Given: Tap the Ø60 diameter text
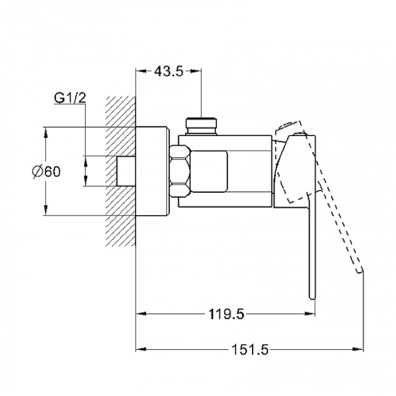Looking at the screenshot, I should coord(46,171).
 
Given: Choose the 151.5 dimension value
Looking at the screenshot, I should coord(250,349).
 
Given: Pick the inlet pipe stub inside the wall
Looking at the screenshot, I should coord(127,171).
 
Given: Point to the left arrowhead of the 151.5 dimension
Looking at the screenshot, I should coord(141,350).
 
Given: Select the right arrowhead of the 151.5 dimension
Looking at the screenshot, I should coord(357,350).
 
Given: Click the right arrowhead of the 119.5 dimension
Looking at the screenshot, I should coord(310,314).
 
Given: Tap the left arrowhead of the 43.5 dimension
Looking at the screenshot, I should coord(141,71).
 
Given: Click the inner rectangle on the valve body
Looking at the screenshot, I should coord(210,171).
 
